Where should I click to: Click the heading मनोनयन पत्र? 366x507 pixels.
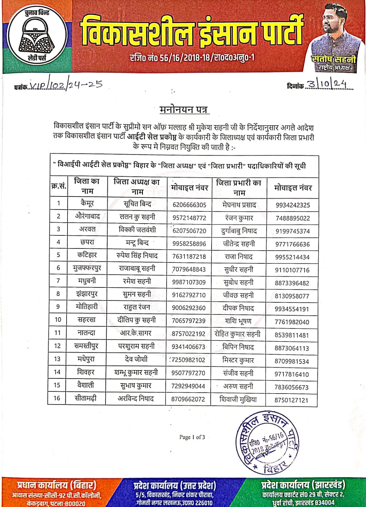tap(184, 109)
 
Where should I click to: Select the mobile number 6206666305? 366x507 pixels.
tap(189, 205)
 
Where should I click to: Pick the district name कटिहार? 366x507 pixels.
tap(87, 255)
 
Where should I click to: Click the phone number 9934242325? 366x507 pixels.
tap(293, 205)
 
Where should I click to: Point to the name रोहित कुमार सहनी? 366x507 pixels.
tap(238, 334)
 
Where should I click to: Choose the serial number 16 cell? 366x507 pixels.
tap(57, 398)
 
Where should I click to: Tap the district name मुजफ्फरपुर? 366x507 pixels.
tap(87, 268)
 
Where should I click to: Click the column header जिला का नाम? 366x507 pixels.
tap(87, 186)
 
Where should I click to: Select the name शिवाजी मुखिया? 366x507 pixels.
tap(238, 399)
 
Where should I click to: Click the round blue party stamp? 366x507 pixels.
tap(267, 442)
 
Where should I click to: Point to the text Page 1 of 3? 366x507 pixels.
tap(192, 437)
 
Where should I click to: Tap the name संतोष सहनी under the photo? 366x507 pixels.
tap(333, 59)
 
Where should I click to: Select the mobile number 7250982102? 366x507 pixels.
tap(189, 360)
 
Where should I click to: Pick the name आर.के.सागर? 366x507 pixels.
tap(136, 333)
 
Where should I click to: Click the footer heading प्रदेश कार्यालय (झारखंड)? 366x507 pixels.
tap(303, 485)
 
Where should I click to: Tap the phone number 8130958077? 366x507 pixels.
tap(292, 296)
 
